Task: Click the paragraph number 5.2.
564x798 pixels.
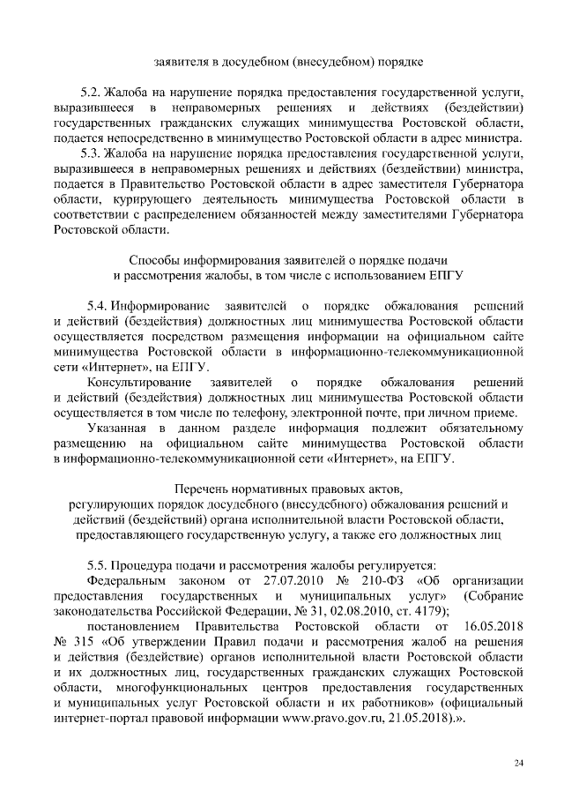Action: pyautogui.click(x=91, y=92)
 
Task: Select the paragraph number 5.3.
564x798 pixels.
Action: pyautogui.click(x=91, y=152)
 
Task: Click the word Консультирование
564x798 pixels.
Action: pyautogui.click(x=139, y=383)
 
